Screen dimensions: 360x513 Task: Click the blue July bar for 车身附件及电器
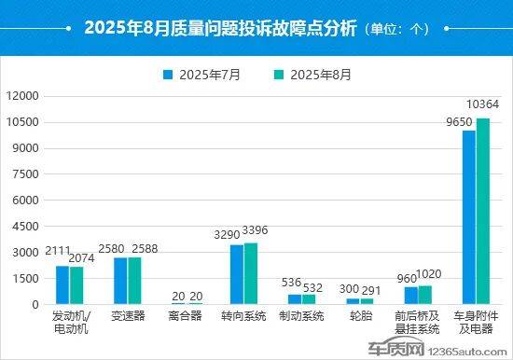click(469, 217)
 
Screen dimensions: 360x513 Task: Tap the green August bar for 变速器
click(134, 281)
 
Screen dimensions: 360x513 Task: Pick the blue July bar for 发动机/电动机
click(62, 284)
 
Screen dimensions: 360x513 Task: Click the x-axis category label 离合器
click(186, 316)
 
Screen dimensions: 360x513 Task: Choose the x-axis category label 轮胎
click(359, 316)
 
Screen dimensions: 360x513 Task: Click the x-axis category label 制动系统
click(301, 316)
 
